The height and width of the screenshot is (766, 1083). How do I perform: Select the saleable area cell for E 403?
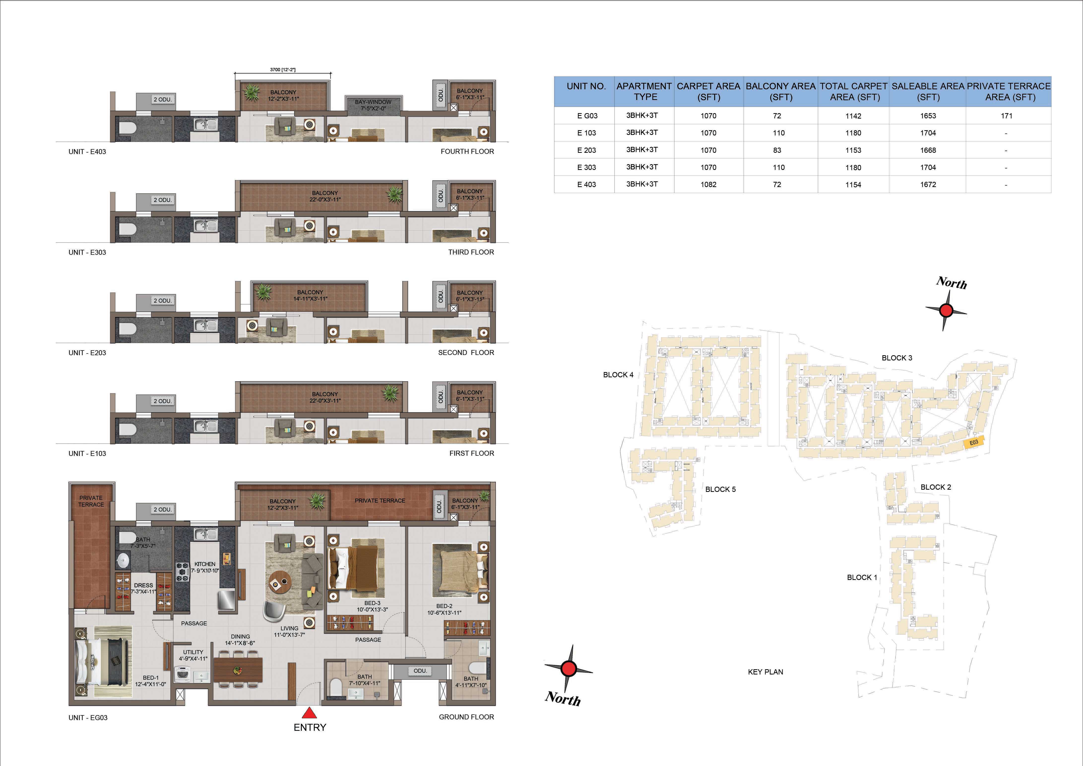click(928, 184)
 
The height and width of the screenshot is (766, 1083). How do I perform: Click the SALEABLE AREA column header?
click(928, 92)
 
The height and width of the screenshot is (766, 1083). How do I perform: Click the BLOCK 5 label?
click(720, 489)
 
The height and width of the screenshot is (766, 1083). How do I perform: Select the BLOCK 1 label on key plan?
click(862, 577)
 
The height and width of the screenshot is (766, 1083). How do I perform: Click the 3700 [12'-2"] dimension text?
click(283, 69)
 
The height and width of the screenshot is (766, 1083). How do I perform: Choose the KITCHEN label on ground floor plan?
click(205, 564)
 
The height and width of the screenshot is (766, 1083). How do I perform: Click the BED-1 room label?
click(151, 678)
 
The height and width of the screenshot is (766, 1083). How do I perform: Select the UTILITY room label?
click(193, 652)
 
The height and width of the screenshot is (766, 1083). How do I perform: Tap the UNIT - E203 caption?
click(87, 353)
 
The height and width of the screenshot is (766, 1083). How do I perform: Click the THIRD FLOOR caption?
click(471, 252)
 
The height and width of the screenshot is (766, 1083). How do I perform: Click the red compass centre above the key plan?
click(946, 310)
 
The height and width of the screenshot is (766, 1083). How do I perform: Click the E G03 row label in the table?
click(587, 116)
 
